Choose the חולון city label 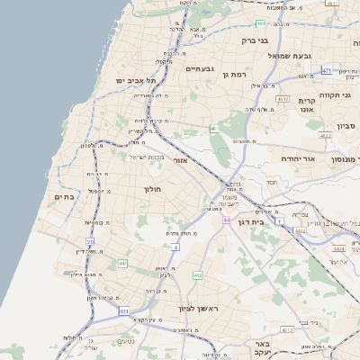(x=151, y=189)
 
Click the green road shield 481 (x=259, y=23)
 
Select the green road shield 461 (x=214, y=130)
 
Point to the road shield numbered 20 (x=90, y=241)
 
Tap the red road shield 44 (x=227, y=220)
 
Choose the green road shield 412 (x=198, y=274)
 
